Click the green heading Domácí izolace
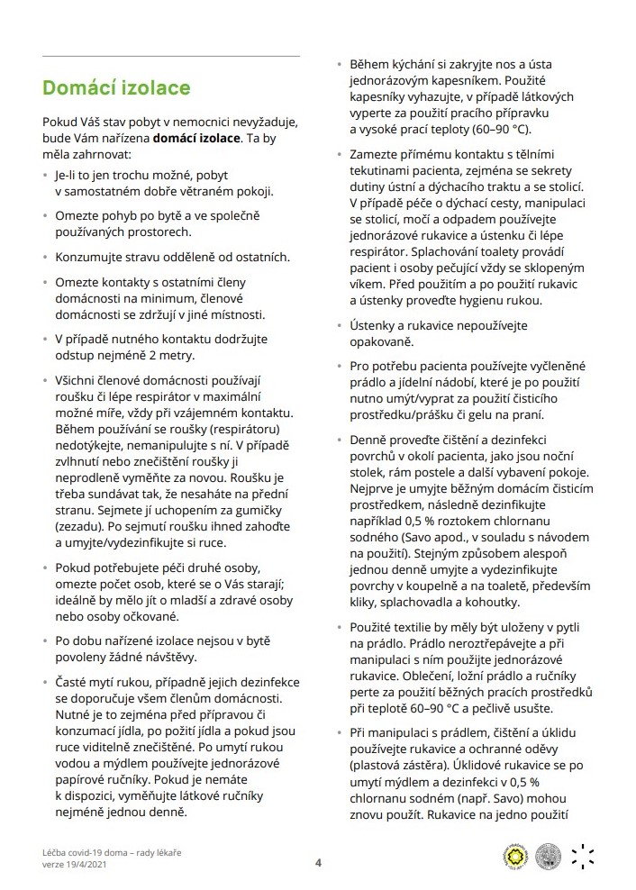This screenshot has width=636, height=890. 116,88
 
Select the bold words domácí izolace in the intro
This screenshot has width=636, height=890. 196,140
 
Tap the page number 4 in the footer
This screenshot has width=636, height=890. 318,861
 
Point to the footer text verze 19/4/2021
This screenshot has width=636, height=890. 82,866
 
